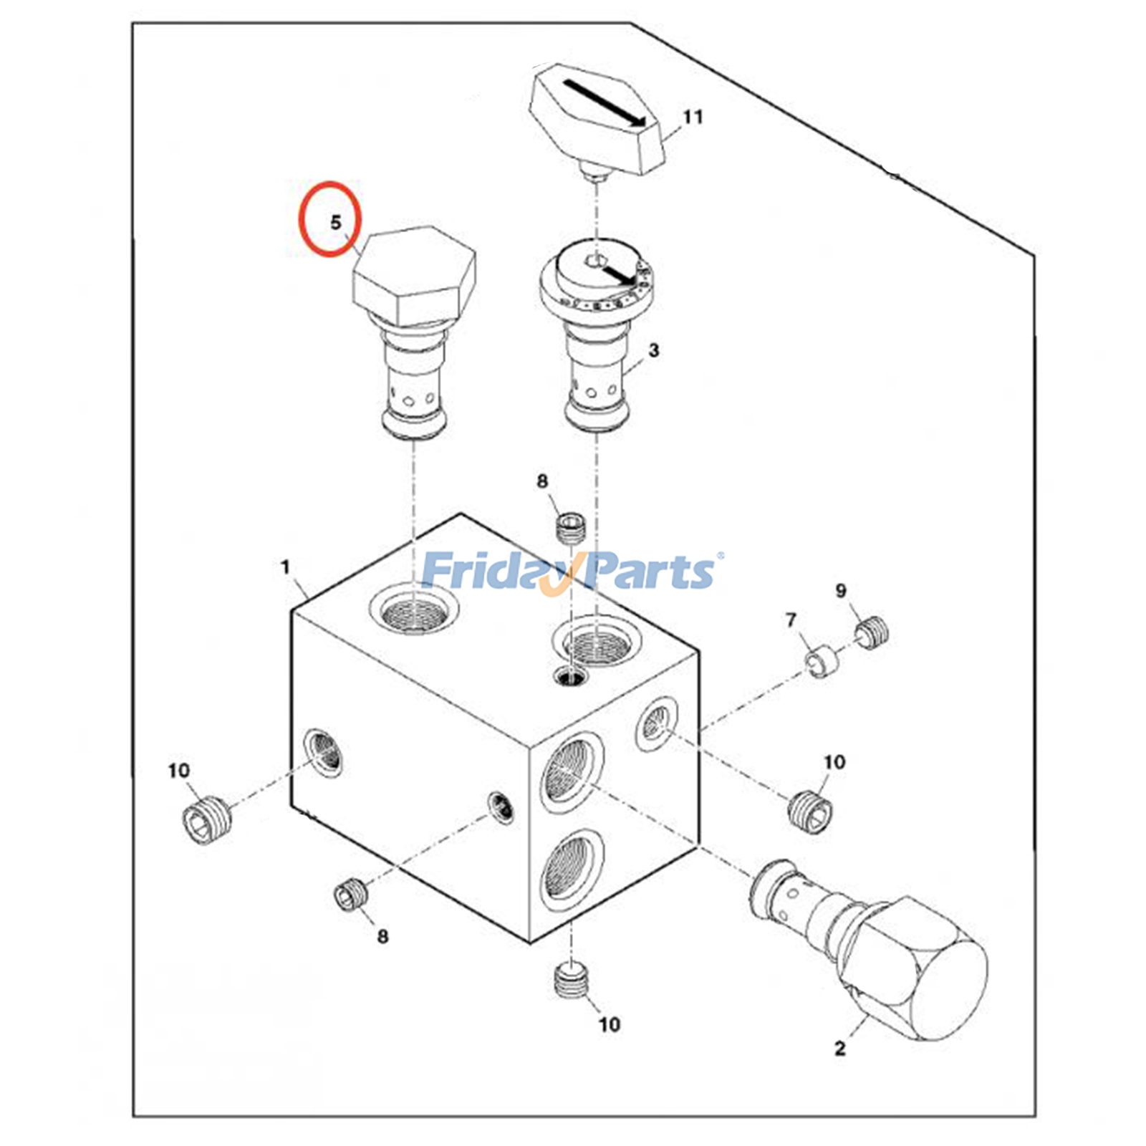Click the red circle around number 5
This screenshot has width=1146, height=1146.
(x=329, y=218)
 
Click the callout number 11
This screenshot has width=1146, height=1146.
(x=693, y=117)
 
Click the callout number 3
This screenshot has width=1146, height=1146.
(x=653, y=351)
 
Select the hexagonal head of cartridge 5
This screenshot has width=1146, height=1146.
(x=414, y=276)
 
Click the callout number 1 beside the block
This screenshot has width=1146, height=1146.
(x=285, y=567)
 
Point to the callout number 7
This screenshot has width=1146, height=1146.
(x=791, y=620)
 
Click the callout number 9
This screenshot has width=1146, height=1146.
(x=841, y=591)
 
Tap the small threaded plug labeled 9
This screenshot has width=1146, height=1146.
(x=872, y=633)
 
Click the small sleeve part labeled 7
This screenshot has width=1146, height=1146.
(x=821, y=661)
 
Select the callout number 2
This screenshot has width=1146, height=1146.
(x=840, y=1048)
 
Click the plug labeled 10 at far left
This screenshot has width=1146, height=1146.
(x=206, y=823)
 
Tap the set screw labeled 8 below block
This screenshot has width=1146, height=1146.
(x=351, y=894)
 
